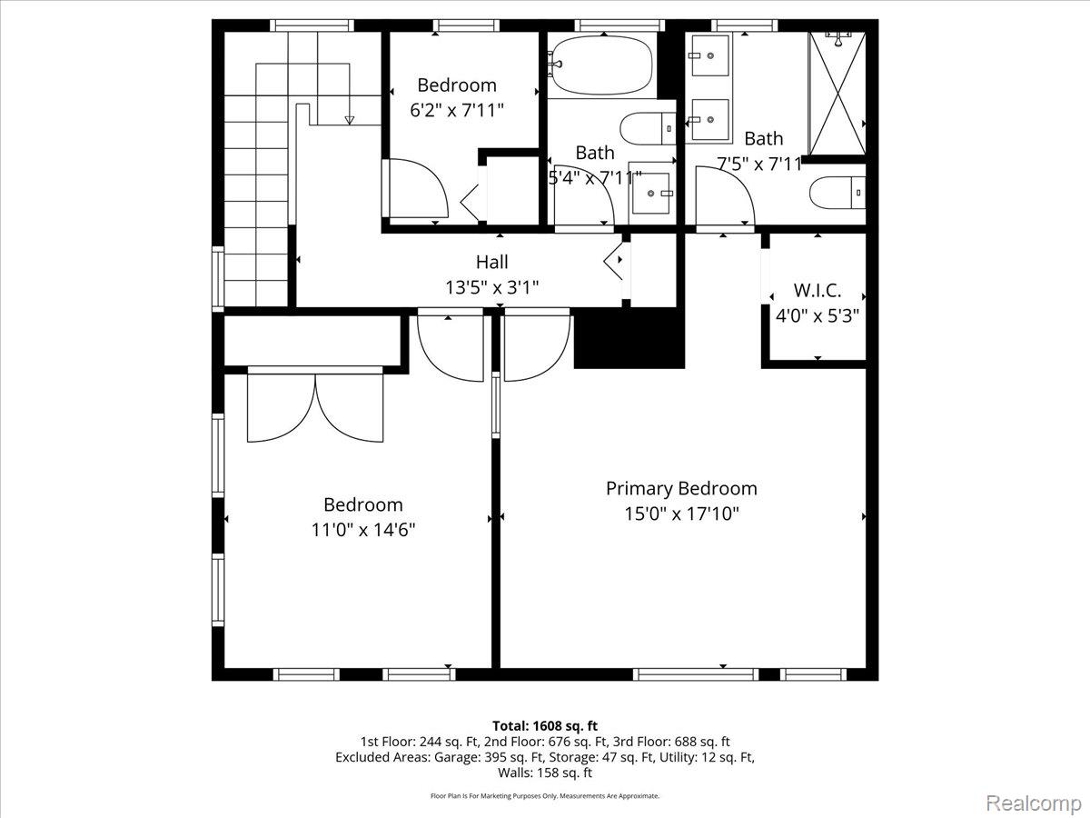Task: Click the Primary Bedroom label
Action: [681, 489]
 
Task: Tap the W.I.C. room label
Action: [817, 291]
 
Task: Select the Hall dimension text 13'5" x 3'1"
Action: [491, 287]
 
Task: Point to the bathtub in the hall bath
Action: [602, 66]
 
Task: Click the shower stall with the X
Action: [837, 94]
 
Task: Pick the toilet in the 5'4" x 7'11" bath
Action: [648, 129]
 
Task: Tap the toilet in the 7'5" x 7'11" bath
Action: [837, 193]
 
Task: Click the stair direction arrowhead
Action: [350, 120]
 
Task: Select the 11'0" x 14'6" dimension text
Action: [363, 530]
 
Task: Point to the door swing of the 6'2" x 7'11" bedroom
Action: [418, 188]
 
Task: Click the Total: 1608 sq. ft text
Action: [545, 725]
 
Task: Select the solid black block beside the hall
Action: [629, 338]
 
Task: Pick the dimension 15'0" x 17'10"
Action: [681, 514]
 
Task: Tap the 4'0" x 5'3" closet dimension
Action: [817, 315]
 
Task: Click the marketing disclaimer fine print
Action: [545, 795]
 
